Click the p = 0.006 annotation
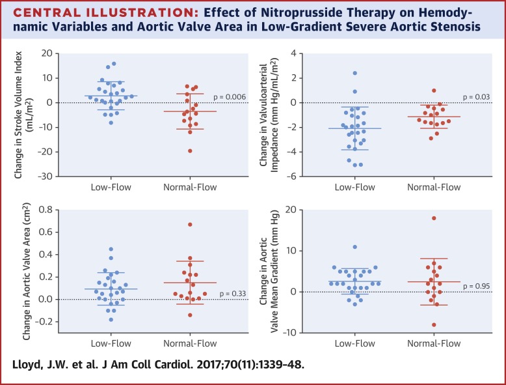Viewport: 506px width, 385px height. (228, 96)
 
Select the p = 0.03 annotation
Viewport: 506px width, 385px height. (477, 96)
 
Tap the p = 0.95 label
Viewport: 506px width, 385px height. (477, 286)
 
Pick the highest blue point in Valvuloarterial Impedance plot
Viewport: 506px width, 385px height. (355, 73)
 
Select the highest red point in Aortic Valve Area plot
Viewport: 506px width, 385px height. (190, 224)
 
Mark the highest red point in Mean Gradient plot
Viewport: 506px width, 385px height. (434, 218)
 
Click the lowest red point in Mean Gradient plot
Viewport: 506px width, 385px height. (434, 324)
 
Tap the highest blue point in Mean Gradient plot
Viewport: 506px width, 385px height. (355, 247)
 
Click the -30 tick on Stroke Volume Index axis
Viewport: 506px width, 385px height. (44, 177)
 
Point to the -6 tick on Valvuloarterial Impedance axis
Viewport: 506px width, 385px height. (293, 177)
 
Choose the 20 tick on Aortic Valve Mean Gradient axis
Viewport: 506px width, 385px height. (291, 210)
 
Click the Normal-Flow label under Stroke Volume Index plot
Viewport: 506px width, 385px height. (190, 188)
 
